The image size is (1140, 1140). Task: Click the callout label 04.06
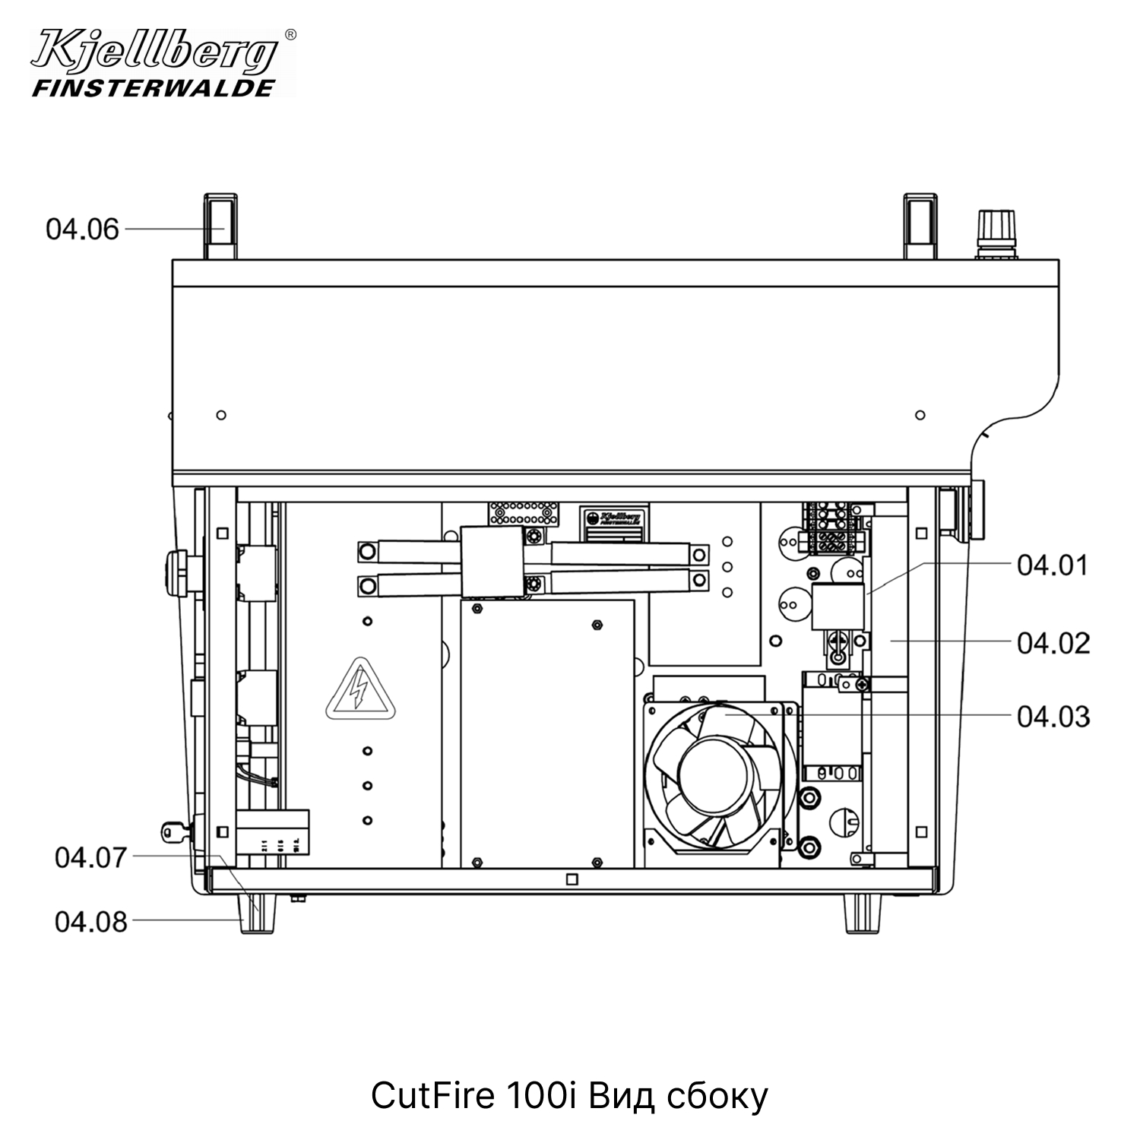click(x=82, y=229)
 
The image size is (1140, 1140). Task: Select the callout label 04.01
click(x=1053, y=565)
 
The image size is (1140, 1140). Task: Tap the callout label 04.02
click(x=1053, y=643)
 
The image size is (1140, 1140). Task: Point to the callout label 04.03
click(x=1053, y=717)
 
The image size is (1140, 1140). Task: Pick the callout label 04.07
click(x=90, y=857)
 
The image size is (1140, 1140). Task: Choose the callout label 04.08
click(x=90, y=922)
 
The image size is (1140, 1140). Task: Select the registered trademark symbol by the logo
click(x=290, y=35)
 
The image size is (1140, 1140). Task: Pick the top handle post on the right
click(x=921, y=226)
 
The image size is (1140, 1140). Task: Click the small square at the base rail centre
click(x=572, y=879)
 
